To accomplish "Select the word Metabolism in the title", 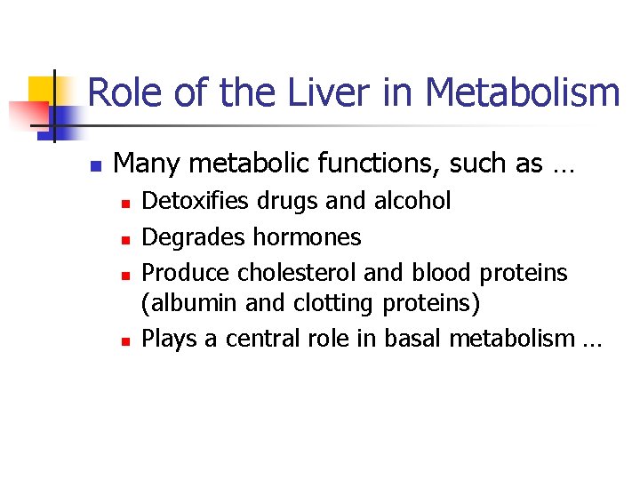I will tap(522, 93).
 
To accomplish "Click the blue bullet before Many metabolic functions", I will tap(97, 166).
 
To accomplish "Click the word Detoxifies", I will tap(196, 202).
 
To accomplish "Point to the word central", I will tap(262, 339).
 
